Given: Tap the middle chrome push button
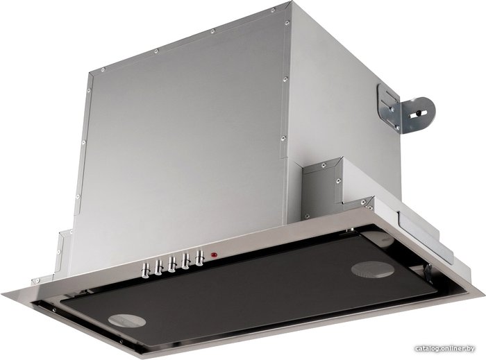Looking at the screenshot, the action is pos(172,265).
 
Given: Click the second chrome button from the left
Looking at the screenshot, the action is pos(159,267).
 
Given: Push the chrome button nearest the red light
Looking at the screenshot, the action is pos(200,257).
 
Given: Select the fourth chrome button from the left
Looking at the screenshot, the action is pos(186,262).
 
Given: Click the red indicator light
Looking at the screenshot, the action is pos(213,255).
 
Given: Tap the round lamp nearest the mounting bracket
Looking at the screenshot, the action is pos(373,269).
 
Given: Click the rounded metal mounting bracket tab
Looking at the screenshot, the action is pos(418,115).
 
